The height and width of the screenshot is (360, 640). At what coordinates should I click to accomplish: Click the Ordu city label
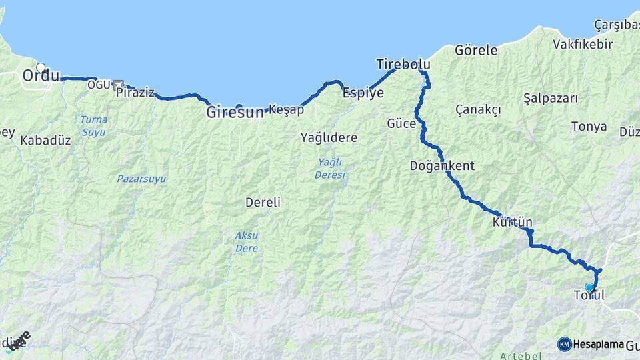(x=41, y=76)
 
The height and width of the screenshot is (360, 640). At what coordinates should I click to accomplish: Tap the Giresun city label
(x=235, y=112)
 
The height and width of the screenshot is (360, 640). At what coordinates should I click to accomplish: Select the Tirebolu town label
(x=403, y=65)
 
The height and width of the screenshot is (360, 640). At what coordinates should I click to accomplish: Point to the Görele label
(x=476, y=50)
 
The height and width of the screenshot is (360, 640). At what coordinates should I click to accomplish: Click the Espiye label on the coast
(x=363, y=93)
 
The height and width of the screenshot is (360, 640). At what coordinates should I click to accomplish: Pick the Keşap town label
(x=287, y=109)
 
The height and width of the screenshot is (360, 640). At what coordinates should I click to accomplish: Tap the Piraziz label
(x=135, y=93)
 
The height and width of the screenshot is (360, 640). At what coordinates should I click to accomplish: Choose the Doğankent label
(x=442, y=165)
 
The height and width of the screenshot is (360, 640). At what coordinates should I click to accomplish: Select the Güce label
(x=401, y=123)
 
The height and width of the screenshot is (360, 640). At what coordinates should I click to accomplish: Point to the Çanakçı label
(x=477, y=109)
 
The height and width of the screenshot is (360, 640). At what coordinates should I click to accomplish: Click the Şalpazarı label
(x=550, y=98)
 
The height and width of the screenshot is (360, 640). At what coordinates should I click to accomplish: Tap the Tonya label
(x=589, y=126)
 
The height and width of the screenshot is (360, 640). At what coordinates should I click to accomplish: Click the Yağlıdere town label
(x=329, y=138)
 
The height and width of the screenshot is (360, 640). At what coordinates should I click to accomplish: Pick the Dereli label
(x=263, y=202)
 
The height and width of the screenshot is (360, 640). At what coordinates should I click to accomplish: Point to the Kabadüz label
(x=45, y=141)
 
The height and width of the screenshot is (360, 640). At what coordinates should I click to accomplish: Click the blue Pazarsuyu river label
(x=141, y=179)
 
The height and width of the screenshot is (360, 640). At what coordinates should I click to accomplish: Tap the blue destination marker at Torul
(x=589, y=287)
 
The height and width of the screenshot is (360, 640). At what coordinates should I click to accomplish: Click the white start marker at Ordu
(x=41, y=67)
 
